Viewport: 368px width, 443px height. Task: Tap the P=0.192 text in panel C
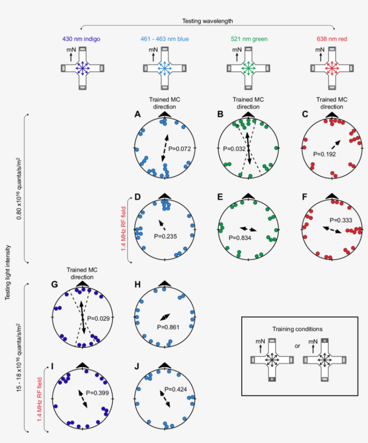point(325,153)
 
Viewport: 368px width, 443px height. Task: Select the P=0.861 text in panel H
point(169,327)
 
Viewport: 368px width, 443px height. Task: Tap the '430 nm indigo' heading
point(81,39)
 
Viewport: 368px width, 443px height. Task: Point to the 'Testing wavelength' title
point(207,21)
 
